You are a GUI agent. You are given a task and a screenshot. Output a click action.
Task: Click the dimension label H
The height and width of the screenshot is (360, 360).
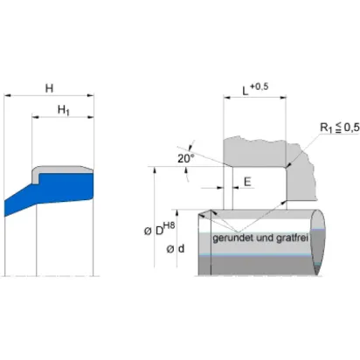click(x=49, y=88)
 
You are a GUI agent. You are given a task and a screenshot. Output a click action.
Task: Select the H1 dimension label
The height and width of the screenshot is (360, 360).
click(x=64, y=110)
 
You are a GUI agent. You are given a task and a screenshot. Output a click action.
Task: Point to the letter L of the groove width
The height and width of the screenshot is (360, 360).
click(x=246, y=92)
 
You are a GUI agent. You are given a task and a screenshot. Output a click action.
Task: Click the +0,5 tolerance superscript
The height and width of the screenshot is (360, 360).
click(x=259, y=87)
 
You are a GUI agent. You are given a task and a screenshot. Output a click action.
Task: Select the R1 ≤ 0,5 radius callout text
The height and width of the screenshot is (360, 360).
click(x=340, y=128)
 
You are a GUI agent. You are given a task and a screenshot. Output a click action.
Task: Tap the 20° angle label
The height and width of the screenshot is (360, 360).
click(x=186, y=159)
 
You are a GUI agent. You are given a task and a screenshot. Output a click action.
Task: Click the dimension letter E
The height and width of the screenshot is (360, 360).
click(x=247, y=182)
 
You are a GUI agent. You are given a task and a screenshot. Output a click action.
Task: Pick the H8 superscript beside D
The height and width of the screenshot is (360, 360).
click(x=170, y=225)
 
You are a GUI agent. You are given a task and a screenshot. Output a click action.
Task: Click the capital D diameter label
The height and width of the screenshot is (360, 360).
click(x=159, y=231)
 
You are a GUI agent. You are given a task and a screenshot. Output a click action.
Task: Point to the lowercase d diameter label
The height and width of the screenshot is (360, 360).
click(x=181, y=248)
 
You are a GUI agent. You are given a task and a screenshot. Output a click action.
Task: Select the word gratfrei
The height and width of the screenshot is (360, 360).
click(x=292, y=238)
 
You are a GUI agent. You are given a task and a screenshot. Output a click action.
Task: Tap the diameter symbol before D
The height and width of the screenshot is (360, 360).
click(x=148, y=232)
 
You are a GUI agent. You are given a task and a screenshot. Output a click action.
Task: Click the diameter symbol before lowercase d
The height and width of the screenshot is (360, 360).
click(x=170, y=249)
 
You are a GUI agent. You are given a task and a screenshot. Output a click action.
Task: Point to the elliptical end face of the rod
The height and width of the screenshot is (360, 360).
click(x=317, y=242)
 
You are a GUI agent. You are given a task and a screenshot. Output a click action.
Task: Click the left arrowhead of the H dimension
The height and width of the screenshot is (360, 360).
click(x=7, y=95)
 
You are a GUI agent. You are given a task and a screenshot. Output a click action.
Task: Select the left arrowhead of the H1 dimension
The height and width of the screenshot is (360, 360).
click(x=35, y=117)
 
